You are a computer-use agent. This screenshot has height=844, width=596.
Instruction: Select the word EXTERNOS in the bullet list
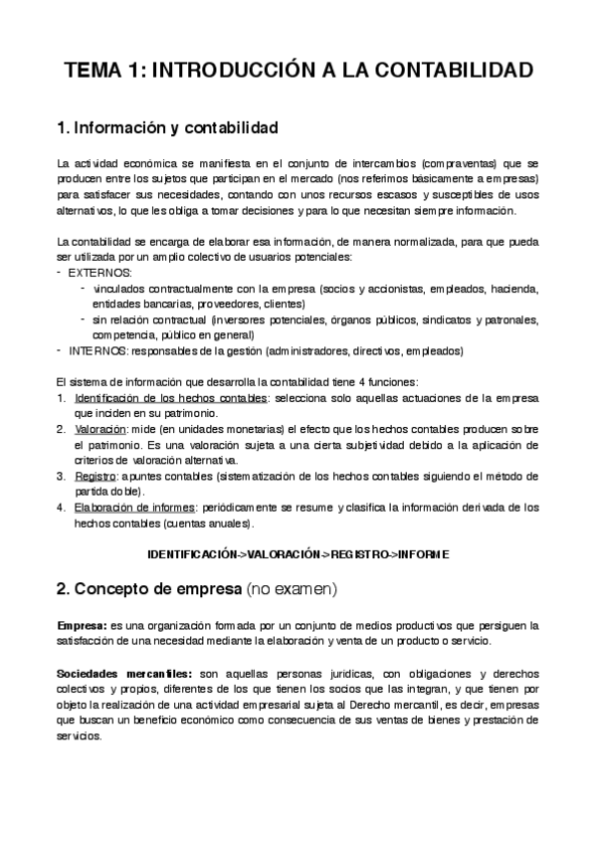[x=99, y=273]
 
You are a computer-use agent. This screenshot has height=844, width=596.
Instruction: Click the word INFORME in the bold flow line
[x=423, y=552]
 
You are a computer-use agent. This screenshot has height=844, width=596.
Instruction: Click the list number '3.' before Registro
[x=62, y=477]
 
